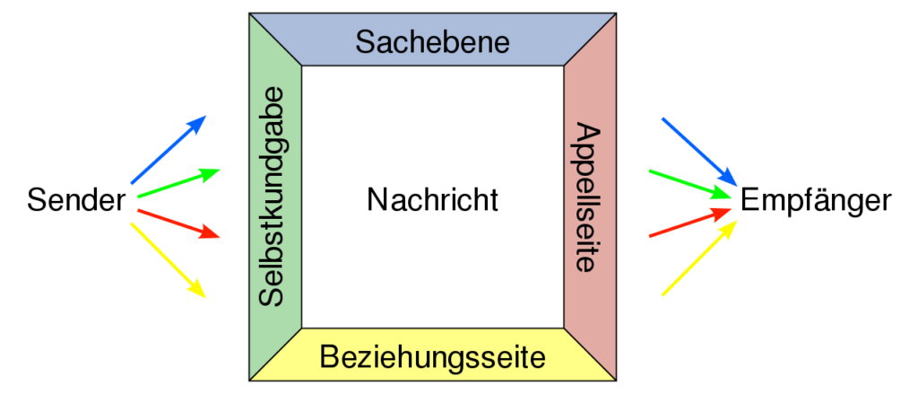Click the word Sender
[76, 201]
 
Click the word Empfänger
[816, 201]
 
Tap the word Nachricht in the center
[433, 200]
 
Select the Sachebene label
[433, 42]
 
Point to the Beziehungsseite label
[433, 357]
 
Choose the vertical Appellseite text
[588, 197]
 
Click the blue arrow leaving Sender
[169, 150]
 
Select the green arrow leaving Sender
[178, 183]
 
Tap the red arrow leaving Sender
[178, 224]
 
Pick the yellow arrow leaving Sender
[169, 260]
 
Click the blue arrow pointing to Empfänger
[699, 152]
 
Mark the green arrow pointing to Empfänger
[690, 184]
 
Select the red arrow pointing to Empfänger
[690, 223]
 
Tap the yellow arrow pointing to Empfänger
[699, 258]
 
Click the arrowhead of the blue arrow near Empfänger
[728, 177]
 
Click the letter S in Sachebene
[365, 42]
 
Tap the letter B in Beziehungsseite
[330, 357]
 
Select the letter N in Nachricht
[377, 200]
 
